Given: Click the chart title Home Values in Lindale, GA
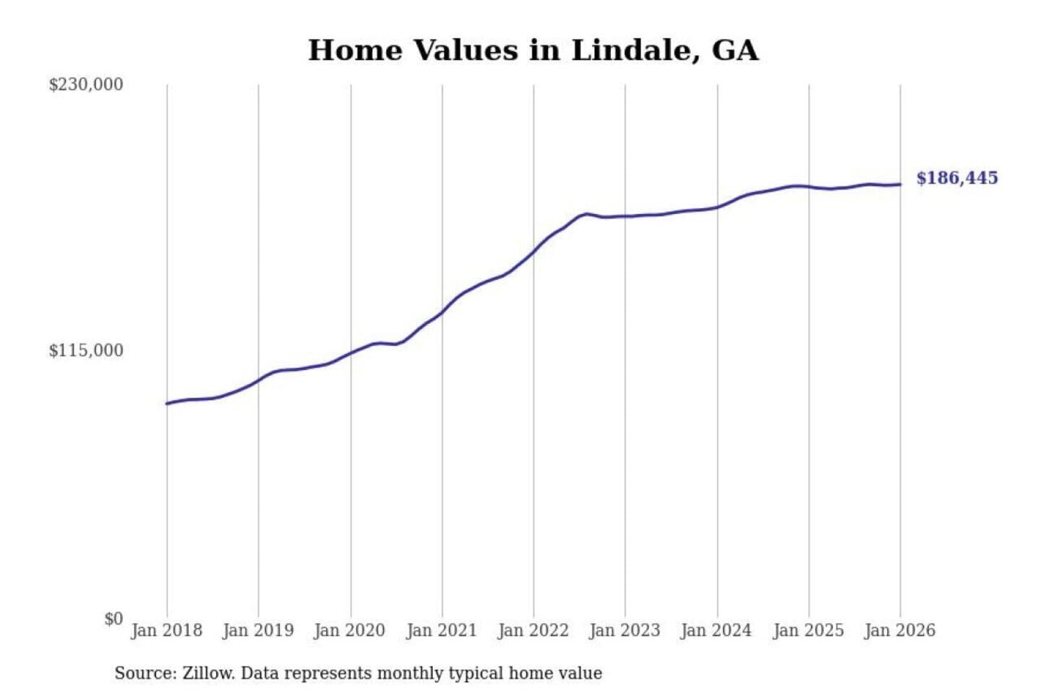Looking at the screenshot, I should [x=533, y=51].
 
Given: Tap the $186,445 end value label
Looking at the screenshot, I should [x=956, y=178].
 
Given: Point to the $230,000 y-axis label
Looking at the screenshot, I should [x=86, y=85].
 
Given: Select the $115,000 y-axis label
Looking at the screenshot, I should [x=86, y=351].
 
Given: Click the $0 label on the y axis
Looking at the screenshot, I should [x=113, y=619].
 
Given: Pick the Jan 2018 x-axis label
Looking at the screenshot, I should [x=166, y=630].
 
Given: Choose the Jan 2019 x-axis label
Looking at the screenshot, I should [x=258, y=630].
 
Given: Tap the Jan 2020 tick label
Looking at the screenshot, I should [x=350, y=630].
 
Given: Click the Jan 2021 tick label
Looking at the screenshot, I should [x=442, y=630].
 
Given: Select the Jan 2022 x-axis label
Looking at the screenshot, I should [x=534, y=630].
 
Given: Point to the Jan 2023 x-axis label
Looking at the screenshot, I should [x=625, y=630].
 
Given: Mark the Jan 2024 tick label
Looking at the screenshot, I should [x=716, y=630].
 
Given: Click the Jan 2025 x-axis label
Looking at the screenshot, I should [x=808, y=630].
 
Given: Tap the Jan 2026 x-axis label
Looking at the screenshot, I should [x=900, y=630].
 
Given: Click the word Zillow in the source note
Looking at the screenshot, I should [x=208, y=673].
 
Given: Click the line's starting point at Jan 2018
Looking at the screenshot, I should [x=167, y=403].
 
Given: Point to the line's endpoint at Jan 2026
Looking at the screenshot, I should [x=900, y=184].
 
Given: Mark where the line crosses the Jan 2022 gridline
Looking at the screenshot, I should [x=534, y=252].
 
